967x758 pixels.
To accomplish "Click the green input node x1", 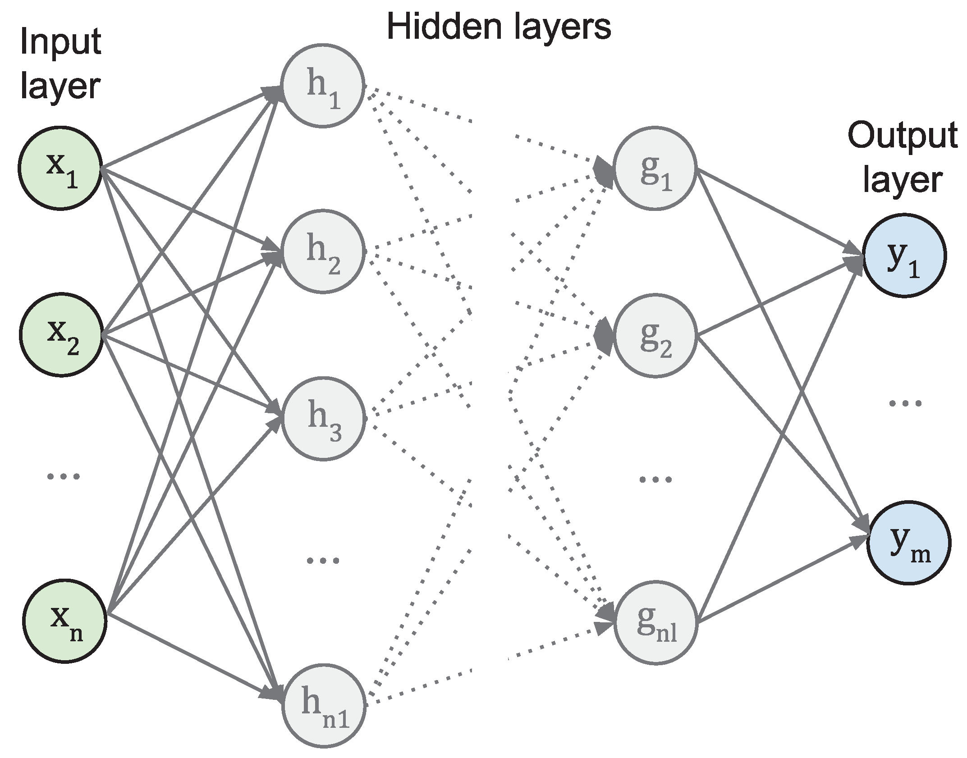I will tap(60, 168).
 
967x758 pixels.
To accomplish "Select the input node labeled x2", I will tap(61, 335).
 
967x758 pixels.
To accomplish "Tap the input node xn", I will tap(64, 621).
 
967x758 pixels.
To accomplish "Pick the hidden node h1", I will tap(323, 86).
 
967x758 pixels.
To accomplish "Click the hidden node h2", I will tap(323, 251).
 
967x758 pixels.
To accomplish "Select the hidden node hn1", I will tap(324, 705).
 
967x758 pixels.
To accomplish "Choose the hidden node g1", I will tap(655, 168).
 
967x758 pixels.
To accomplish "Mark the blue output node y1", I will tap(904, 256).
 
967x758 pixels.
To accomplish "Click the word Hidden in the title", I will tap(444, 27).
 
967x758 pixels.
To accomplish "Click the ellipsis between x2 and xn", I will tap(64, 476).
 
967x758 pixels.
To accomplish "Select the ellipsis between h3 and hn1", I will tap(323, 561).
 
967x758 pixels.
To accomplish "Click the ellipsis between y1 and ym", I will tap(905, 402).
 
